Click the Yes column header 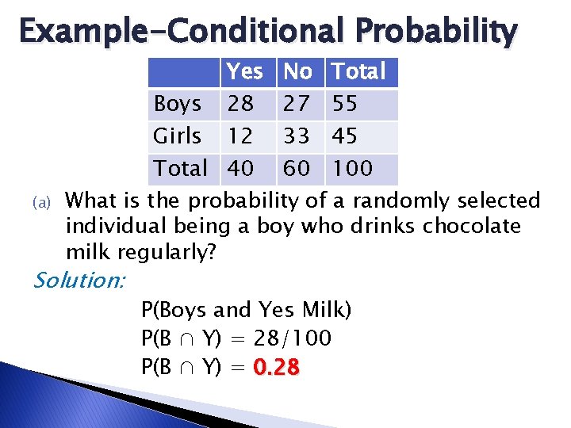pyautogui.click(x=244, y=72)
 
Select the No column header pyautogui.click(x=297, y=72)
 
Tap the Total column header pyautogui.click(x=358, y=72)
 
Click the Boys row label pyautogui.click(x=177, y=104)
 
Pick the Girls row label pyautogui.click(x=177, y=136)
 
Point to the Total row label pyautogui.click(x=180, y=168)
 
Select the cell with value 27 pyautogui.click(x=297, y=104)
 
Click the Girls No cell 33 pyautogui.click(x=297, y=136)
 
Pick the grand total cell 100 pyautogui.click(x=351, y=168)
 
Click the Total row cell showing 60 pyautogui.click(x=297, y=168)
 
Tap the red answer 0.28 pyautogui.click(x=276, y=369)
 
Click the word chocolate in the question pyautogui.click(x=472, y=227)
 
